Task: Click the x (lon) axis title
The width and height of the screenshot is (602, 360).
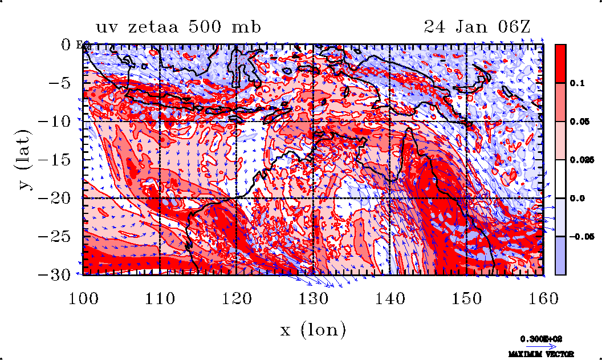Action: (x=313, y=329)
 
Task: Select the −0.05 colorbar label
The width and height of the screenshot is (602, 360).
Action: (x=581, y=236)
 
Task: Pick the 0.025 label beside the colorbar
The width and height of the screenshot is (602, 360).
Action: (x=580, y=160)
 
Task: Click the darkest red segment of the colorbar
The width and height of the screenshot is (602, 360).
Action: (x=561, y=63)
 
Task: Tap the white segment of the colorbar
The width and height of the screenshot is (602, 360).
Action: (x=561, y=179)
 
